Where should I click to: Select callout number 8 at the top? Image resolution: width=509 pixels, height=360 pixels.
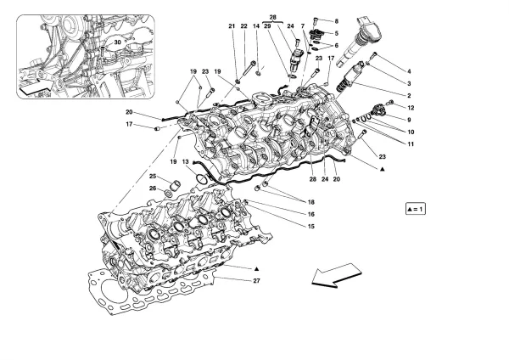[x=336, y=20]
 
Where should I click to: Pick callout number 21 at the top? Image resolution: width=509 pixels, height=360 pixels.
[x=230, y=28]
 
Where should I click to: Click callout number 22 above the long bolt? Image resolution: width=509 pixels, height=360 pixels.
[x=243, y=28]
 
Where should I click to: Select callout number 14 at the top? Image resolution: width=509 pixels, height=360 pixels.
[x=257, y=28]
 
